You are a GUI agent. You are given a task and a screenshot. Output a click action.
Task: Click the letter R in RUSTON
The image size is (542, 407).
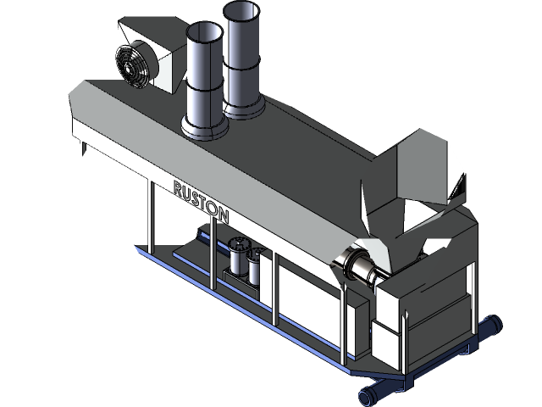(178, 187)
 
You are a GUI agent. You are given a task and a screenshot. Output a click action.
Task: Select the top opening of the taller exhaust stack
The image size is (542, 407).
(241, 11)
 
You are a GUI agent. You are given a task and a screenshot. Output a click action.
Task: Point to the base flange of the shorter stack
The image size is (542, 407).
(204, 129)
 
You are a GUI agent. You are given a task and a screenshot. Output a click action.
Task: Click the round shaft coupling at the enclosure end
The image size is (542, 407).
(359, 270)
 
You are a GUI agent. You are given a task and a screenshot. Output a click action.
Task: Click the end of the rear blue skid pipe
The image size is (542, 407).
(493, 324)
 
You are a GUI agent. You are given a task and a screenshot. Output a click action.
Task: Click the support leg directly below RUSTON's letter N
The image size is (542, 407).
(209, 246)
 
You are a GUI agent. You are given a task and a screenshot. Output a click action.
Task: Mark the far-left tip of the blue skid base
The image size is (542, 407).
(137, 248)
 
